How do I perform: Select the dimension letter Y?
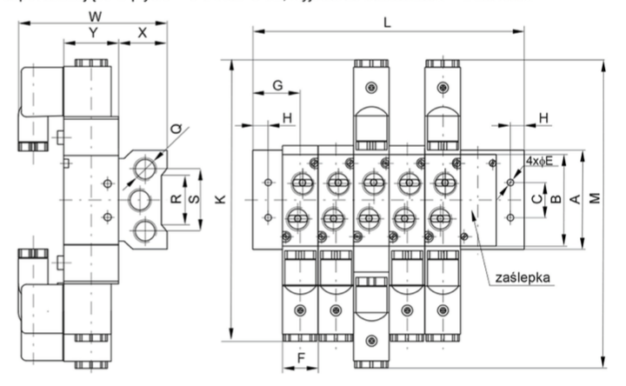click(x=92, y=32)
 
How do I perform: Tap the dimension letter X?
click(x=143, y=32)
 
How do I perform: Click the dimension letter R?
click(x=176, y=199)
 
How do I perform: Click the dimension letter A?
click(x=574, y=199)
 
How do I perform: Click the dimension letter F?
click(x=301, y=356)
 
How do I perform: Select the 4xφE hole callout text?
click(x=538, y=160)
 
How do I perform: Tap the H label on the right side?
click(x=543, y=116)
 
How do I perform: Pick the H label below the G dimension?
click(x=286, y=116)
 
